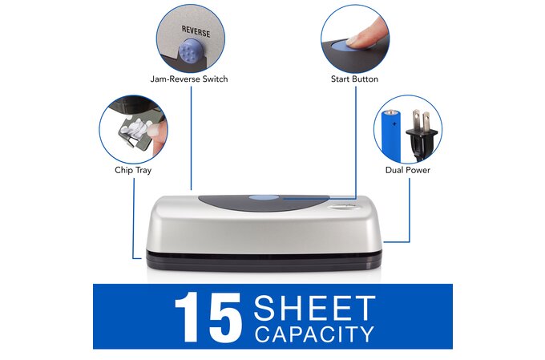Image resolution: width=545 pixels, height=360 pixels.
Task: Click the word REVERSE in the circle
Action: click(x=196, y=31)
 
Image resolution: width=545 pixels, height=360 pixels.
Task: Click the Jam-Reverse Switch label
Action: click(x=189, y=79)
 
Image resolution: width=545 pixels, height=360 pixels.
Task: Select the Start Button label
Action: click(x=354, y=79)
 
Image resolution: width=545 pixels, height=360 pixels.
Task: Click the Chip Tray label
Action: click(x=133, y=170)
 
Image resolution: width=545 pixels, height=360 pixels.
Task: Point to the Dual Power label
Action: click(x=408, y=170)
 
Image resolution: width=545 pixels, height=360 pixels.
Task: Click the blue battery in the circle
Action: click(x=392, y=136)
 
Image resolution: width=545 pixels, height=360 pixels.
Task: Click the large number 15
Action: click(x=208, y=317)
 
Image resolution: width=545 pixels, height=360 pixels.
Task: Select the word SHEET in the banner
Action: click(x=314, y=307)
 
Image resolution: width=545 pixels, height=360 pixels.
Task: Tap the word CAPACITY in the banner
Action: click(x=314, y=334)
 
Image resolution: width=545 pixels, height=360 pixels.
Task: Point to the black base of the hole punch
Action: click(x=264, y=261)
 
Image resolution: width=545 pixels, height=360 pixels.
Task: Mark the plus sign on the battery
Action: click(x=394, y=123)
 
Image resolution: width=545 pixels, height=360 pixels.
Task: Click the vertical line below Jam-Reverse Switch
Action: click(x=192, y=138)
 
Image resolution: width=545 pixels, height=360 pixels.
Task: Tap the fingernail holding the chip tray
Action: click(x=153, y=131)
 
